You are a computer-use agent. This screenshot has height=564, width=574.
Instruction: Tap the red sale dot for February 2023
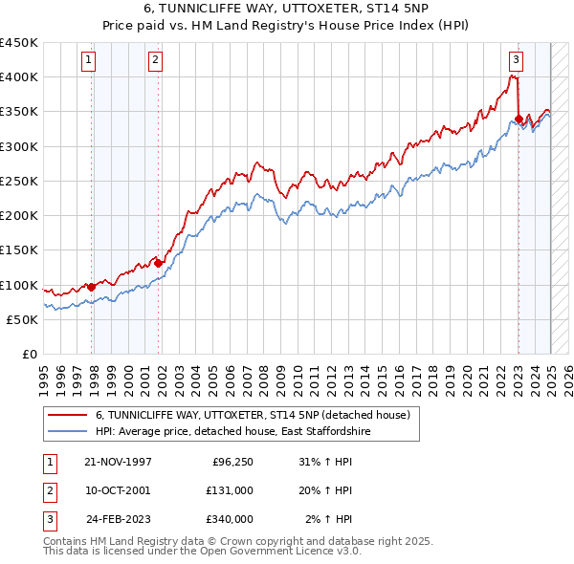(519, 119)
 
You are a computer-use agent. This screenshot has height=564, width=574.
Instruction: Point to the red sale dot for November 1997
(92, 286)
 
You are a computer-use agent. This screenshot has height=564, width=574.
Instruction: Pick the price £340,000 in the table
(230, 518)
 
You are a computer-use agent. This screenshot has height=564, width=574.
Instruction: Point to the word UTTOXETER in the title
(301, 11)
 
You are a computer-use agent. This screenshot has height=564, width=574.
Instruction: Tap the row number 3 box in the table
(49, 518)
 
